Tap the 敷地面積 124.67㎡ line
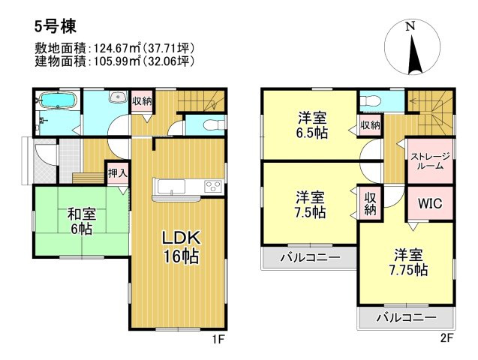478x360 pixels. pyautogui.click(x=104, y=47)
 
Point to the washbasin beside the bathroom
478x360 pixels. pyautogui.click(x=117, y=97)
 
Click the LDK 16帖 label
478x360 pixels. pyautogui.click(x=179, y=247)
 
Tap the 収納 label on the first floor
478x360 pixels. pyautogui.click(x=142, y=100)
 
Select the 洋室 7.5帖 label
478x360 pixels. pyautogui.click(x=310, y=205)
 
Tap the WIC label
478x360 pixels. pyautogui.click(x=430, y=203)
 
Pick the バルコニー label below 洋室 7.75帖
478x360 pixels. pyautogui.click(x=406, y=317)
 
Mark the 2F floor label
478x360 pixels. pyautogui.click(x=447, y=338)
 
